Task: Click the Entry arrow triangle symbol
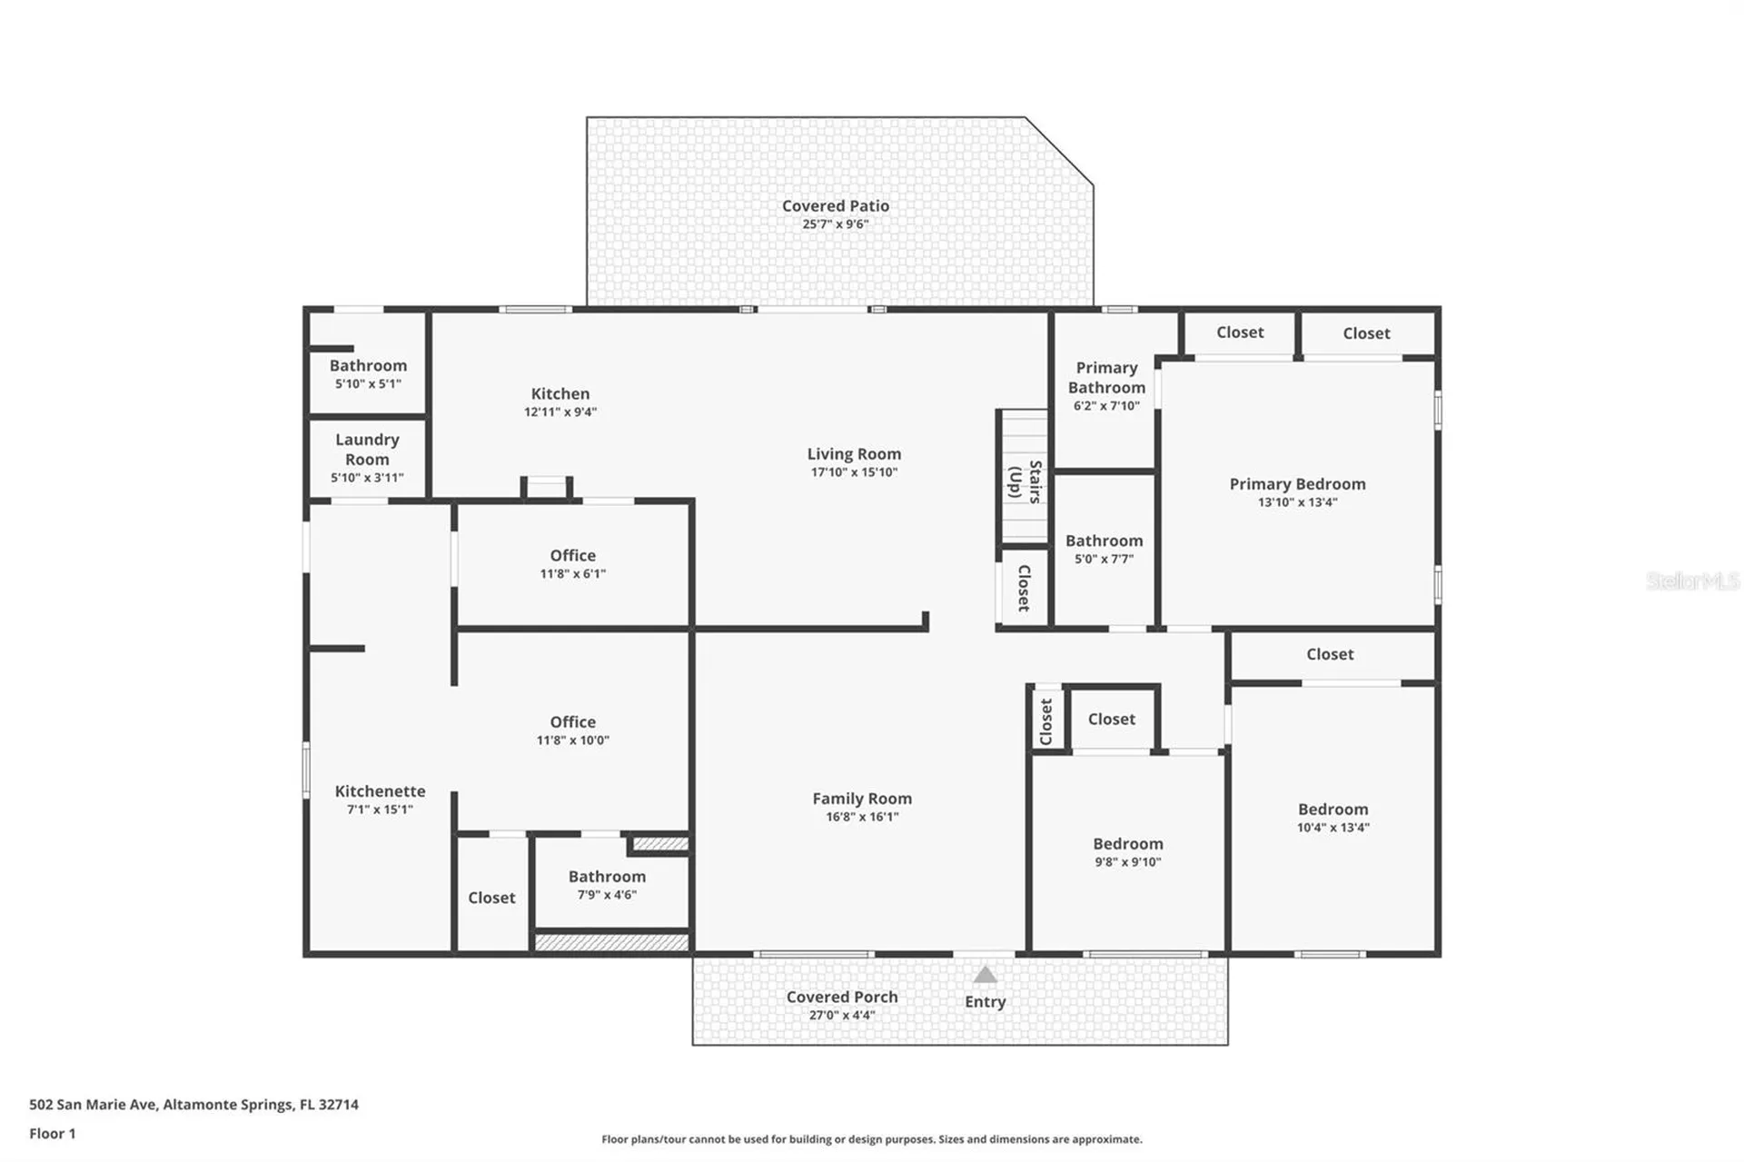pos(986,975)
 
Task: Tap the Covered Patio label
pos(836,206)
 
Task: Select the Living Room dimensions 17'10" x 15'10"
pos(854,472)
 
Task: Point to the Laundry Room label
pos(367,449)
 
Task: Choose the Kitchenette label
pos(380,791)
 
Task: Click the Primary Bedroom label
pos(1297,484)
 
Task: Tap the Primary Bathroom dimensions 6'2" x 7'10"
pos(1106,406)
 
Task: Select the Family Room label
pos(862,799)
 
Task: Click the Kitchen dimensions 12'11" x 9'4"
pos(560,412)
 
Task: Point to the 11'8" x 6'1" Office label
pos(573,555)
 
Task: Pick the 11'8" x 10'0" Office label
pos(573,722)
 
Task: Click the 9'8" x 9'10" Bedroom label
pos(1128,844)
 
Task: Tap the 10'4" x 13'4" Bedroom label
pos(1333,809)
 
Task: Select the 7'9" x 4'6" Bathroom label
pos(607,877)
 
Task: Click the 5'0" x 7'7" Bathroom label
pos(1105,541)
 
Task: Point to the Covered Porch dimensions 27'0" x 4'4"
pos(842,1016)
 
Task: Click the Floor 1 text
pos(53,1134)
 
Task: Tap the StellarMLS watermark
pos(1693,581)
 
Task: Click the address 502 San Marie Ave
pos(93,1105)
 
